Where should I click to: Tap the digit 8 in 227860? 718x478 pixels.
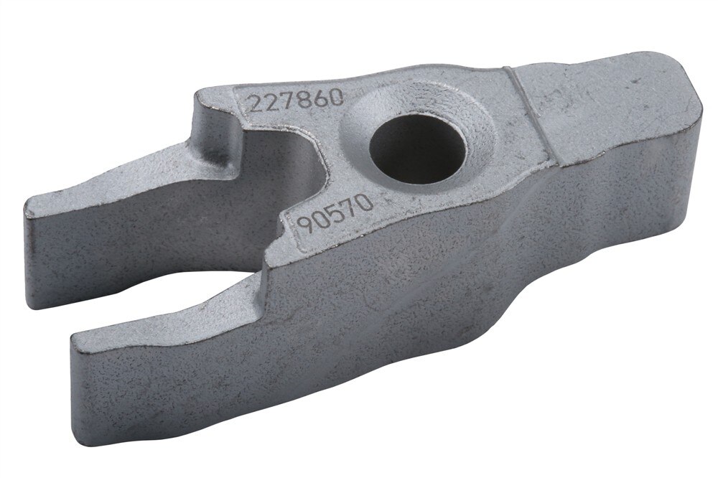(x=302, y=100)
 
